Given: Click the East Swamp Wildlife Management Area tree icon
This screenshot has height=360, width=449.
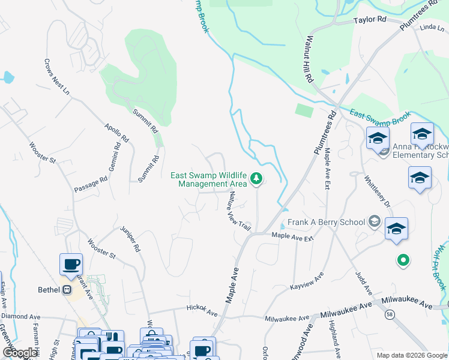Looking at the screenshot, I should tap(256, 178).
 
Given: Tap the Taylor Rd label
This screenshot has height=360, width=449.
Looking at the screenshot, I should tap(369, 20).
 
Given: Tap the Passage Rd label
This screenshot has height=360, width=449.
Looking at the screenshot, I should tap(91, 184).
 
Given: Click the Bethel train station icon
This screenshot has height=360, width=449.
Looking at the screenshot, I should tap(67, 290).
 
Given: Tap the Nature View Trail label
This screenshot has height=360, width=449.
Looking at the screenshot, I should tap(238, 211).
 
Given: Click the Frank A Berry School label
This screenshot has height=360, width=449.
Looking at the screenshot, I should tap(326, 222).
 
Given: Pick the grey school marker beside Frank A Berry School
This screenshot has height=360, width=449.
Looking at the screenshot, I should tap(375, 221).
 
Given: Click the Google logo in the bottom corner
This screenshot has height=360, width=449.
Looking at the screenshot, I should tap(20, 352).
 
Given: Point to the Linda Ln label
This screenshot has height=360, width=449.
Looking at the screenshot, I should tap(428, 28).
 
